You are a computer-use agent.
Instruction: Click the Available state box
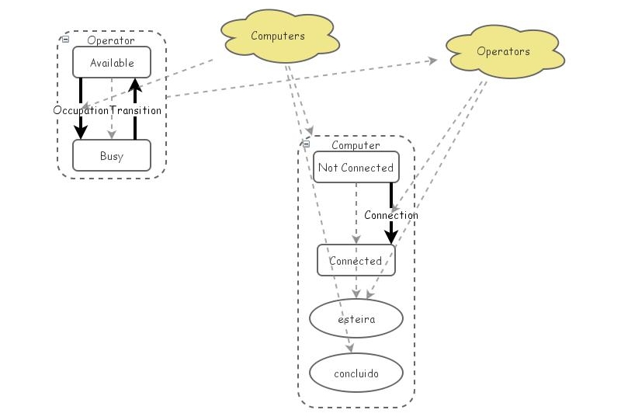tap(111, 63)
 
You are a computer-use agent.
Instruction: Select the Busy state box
tap(111, 156)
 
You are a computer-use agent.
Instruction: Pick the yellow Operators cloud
tap(503, 52)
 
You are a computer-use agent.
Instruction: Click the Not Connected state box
tap(356, 168)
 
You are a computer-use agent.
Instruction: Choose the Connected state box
tap(356, 261)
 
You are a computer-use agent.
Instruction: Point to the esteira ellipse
tap(356, 318)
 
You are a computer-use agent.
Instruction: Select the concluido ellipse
tap(356, 374)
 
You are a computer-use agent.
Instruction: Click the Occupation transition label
tap(81, 110)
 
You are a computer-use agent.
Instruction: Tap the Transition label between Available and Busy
tap(136, 110)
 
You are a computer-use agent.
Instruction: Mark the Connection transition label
tap(391, 215)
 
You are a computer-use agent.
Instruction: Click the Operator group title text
tap(111, 40)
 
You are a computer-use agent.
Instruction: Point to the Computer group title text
tap(356, 145)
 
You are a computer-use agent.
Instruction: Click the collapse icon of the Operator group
tap(66, 39)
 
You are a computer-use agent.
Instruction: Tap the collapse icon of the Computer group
tap(307, 144)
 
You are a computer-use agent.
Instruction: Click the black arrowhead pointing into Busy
tap(81, 134)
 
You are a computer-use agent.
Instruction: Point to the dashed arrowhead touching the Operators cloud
tap(432, 61)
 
